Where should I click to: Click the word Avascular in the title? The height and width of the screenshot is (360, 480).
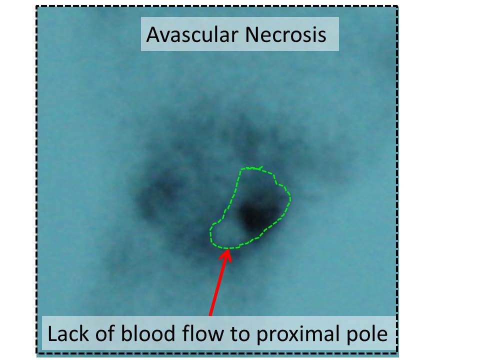coord(192,34)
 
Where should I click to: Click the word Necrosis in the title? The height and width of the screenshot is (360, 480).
coord(285,34)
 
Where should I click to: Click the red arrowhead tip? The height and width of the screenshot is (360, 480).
coord(228,249)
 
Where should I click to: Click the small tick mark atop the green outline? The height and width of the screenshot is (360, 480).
coord(260,168)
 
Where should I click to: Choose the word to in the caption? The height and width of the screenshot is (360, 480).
coord(240,334)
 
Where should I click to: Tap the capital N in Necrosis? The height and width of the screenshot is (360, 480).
coord(251,34)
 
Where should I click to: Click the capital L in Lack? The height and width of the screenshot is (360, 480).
coord(52,333)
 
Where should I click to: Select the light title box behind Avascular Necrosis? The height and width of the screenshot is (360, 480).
coord(239,34)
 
